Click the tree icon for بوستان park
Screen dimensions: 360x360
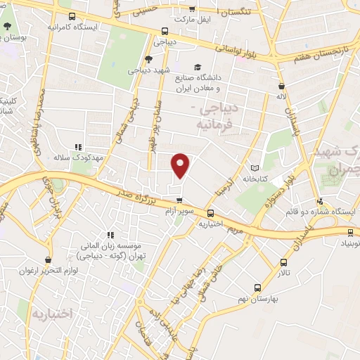coord(6,26)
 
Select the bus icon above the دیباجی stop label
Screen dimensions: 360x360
coord(165,31)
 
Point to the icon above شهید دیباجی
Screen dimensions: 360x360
coord(148,60)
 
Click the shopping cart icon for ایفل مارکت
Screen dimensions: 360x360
coord(193,9)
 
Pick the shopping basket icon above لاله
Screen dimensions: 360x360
coord(281,83)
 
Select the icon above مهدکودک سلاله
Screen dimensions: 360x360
coord(77,147)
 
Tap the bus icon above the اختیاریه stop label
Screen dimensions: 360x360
coord(211,213)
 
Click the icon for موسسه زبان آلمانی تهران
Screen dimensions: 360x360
coord(109,235)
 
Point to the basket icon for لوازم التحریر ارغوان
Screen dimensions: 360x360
coord(47,259)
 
